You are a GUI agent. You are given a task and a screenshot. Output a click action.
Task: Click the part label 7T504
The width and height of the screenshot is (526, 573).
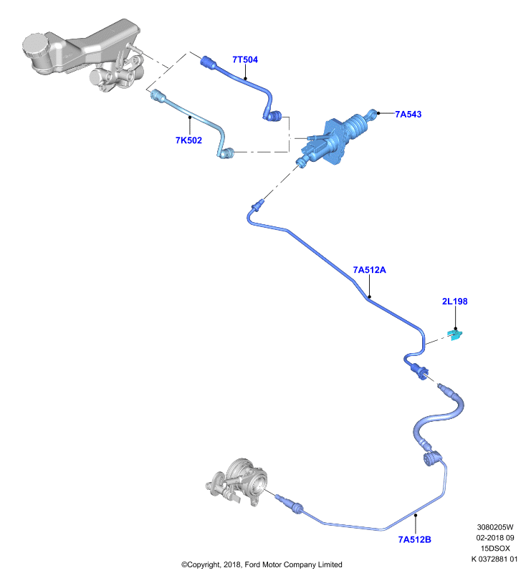click(245, 59)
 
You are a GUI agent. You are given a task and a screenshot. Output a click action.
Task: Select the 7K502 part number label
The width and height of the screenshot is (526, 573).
click(188, 140)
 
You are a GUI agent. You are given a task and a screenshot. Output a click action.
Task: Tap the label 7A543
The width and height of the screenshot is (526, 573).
click(408, 115)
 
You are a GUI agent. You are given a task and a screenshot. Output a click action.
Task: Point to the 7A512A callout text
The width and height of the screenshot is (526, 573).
click(369, 270)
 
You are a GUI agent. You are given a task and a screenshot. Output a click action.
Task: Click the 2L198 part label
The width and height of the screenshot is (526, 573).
click(455, 302)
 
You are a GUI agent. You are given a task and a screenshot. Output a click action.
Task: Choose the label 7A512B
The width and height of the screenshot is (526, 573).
click(414, 540)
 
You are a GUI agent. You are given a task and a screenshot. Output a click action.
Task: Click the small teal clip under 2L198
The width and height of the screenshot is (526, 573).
click(456, 334)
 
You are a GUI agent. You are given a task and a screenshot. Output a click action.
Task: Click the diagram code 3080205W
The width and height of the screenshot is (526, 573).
click(495, 527)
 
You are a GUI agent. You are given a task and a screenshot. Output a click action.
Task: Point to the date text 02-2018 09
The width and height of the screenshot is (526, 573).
click(495, 538)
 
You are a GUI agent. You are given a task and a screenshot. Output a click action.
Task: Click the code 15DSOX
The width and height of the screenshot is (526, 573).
click(495, 549)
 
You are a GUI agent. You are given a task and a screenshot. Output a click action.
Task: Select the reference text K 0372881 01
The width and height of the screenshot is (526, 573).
click(494, 559)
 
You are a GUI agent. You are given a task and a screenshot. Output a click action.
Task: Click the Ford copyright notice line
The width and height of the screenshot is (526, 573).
click(262, 564)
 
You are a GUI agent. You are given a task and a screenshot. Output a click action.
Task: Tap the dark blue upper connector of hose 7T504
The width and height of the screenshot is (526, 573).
click(209, 62)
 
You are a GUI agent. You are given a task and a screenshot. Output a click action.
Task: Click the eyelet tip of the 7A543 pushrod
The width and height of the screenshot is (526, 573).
click(372, 113)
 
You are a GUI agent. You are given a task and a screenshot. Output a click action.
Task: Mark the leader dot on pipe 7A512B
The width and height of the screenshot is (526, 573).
click(415, 515)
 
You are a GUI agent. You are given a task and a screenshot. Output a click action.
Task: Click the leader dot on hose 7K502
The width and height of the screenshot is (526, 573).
click(190, 117)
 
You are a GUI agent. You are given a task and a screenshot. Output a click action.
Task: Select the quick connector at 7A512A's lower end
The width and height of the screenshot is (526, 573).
click(420, 371)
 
